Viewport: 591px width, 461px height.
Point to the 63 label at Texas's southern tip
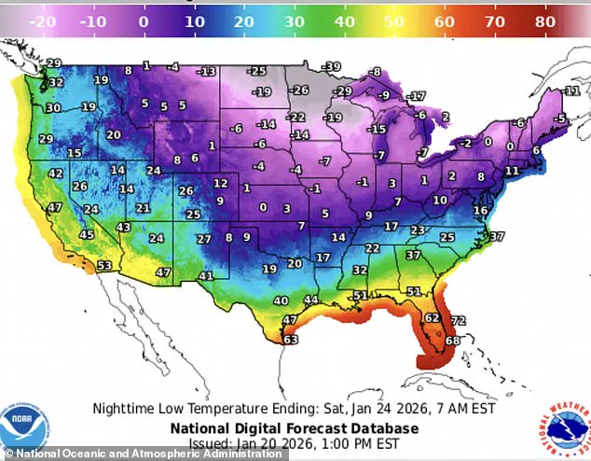click(x=291, y=341)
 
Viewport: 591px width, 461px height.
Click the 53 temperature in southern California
click(x=104, y=266)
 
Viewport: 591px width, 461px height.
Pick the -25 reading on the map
click(x=256, y=71)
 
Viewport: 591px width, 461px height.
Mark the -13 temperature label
click(x=206, y=71)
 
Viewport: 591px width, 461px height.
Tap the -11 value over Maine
click(x=571, y=91)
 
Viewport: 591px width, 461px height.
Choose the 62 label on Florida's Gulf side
click(x=432, y=318)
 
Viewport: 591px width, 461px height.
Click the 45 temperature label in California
click(x=86, y=234)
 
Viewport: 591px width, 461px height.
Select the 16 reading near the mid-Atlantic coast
click(x=480, y=211)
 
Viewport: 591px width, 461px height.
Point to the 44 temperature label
click(x=311, y=300)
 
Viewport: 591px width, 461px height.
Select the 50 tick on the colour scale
click(x=394, y=20)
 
